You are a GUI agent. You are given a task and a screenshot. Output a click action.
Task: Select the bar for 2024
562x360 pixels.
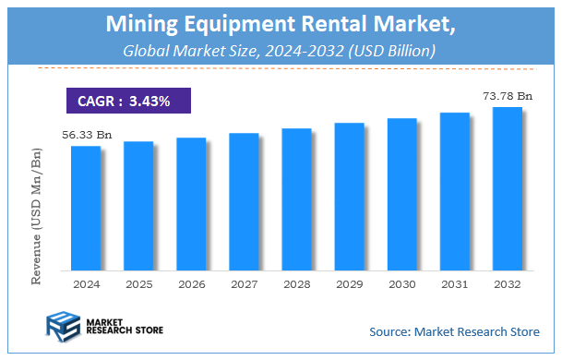[x=86, y=208]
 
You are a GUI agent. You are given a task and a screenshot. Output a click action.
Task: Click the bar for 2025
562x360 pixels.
[x=138, y=206]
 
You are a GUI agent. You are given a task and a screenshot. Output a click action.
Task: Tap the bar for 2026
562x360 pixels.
[x=191, y=204]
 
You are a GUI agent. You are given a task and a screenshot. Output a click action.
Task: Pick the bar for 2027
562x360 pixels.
[x=244, y=201]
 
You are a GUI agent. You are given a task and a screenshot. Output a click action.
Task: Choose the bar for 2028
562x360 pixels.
[x=296, y=199]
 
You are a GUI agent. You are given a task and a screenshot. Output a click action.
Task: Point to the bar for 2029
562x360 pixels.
[x=349, y=197]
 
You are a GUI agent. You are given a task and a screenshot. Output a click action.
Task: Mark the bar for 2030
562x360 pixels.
[x=401, y=194]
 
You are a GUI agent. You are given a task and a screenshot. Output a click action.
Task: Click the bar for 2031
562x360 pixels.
[x=454, y=191]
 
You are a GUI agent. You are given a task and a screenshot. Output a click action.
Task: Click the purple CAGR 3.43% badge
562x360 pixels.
[x=127, y=101]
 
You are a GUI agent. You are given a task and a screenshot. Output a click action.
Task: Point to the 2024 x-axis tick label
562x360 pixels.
[x=86, y=286]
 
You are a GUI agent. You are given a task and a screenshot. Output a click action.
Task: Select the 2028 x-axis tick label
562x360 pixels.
[x=296, y=286]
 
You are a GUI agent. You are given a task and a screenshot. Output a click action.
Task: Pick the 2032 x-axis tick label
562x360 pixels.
[x=507, y=286]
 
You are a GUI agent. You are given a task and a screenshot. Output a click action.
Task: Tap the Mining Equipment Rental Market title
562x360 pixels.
[x=281, y=22]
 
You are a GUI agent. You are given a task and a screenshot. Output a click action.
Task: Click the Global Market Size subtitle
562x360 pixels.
[x=281, y=52]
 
